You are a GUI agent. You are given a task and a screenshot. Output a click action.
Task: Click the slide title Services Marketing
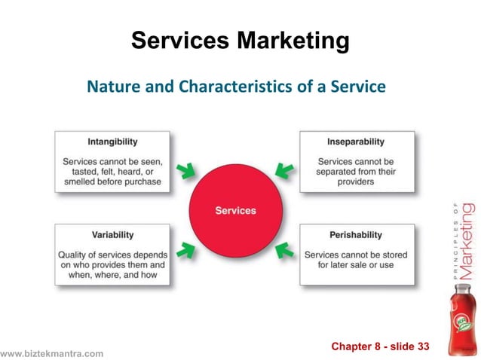point(240,40)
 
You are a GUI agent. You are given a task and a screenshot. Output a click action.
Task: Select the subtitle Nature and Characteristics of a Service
point(236,87)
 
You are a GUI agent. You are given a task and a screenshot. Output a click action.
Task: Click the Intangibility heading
point(112,142)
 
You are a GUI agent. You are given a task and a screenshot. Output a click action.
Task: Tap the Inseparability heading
point(356,142)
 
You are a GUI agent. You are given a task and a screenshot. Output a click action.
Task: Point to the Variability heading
point(112,234)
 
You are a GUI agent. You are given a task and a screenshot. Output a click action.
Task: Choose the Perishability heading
point(356,234)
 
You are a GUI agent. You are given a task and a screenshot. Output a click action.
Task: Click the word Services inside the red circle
point(235,210)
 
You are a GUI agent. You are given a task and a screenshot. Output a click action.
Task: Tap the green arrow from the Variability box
point(185,249)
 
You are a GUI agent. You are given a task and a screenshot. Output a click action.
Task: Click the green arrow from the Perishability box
point(284,249)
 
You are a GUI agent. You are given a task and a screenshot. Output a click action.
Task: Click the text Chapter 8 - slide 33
point(380,346)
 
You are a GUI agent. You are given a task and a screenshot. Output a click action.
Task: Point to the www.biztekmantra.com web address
point(51,353)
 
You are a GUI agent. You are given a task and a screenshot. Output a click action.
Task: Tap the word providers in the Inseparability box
point(357,182)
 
